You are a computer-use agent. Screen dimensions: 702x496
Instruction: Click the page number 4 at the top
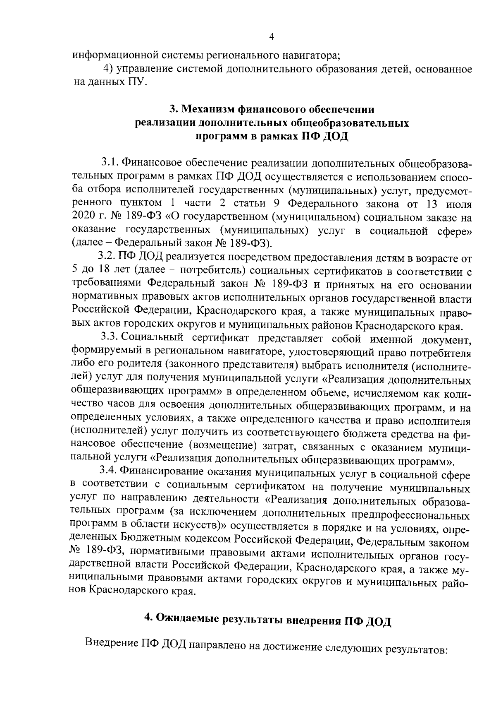click(x=272, y=37)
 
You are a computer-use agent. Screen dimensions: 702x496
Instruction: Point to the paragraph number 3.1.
click(x=110, y=163)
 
